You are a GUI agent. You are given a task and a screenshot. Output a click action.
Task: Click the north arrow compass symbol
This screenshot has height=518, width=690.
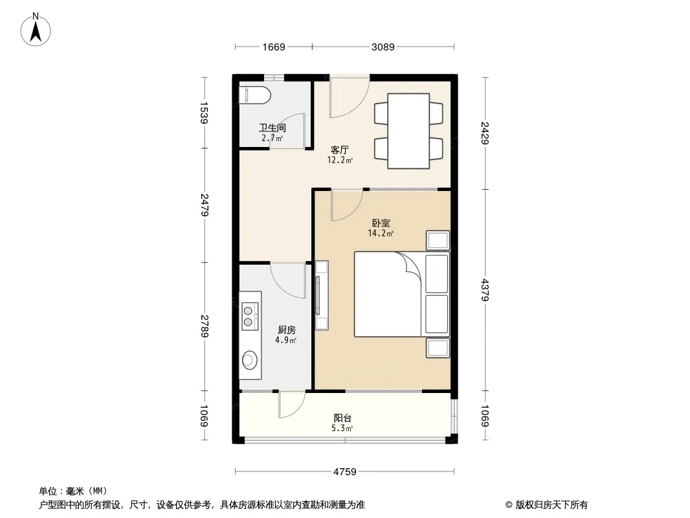[36, 29]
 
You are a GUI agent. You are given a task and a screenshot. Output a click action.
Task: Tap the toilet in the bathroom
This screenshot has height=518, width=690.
[254, 95]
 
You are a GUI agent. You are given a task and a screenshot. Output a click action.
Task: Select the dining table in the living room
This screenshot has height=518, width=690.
[408, 131]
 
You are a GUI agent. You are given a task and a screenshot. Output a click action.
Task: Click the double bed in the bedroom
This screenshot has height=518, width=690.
[402, 294]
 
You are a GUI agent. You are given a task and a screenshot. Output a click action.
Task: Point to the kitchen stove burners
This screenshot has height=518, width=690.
[248, 316]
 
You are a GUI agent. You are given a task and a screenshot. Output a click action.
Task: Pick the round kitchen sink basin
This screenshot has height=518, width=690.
[250, 359]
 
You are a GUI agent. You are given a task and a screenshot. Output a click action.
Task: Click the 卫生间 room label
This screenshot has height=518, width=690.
[273, 128]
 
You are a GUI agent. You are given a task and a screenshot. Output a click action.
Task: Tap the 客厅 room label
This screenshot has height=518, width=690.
[340, 150]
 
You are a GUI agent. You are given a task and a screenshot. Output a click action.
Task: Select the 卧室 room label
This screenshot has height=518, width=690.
[381, 223]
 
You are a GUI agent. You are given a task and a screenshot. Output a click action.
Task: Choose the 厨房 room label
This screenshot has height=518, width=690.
[287, 330]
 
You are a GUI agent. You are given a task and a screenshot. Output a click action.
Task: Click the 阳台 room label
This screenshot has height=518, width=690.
[342, 418]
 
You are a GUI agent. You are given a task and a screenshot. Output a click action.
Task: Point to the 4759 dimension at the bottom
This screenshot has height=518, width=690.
[344, 472]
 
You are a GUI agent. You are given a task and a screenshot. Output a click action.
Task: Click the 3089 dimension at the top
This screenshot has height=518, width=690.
[383, 47]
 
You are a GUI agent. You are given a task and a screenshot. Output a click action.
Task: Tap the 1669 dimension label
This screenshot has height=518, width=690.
[274, 47]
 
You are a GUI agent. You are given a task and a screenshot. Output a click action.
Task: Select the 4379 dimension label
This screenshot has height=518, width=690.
[485, 290]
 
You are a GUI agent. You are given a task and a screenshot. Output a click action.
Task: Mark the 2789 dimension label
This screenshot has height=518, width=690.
[204, 326]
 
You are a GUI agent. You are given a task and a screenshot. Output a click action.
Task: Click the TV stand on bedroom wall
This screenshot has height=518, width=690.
[322, 295]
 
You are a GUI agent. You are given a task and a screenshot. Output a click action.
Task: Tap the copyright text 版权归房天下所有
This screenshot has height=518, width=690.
[551, 505]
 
